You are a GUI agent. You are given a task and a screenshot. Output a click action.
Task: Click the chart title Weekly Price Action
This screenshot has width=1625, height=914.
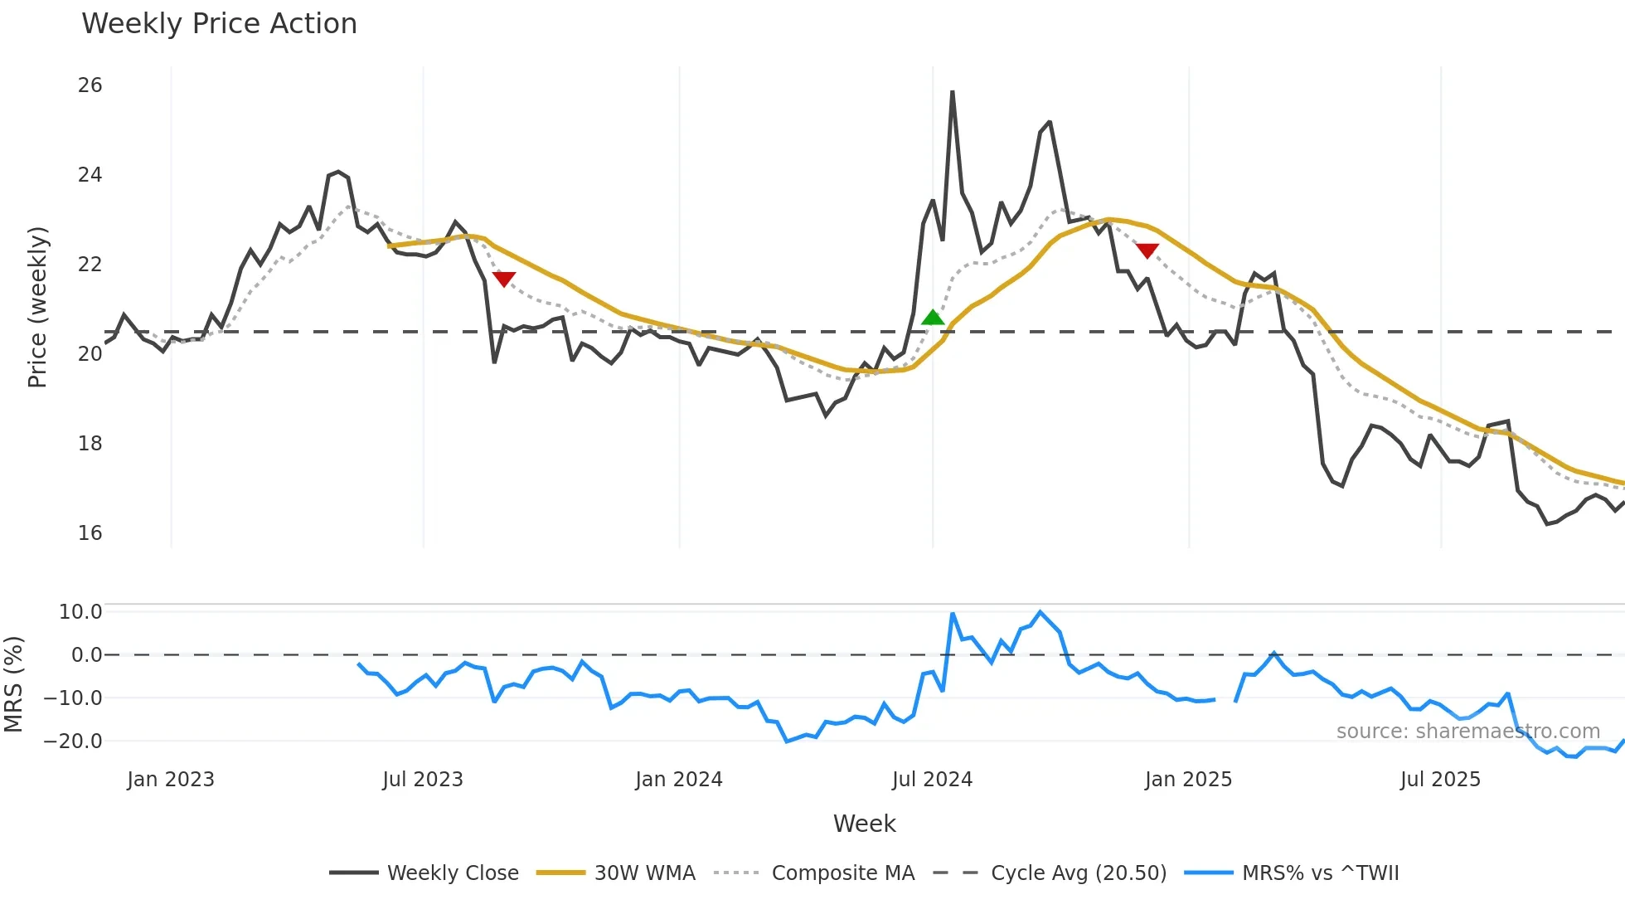click(x=219, y=24)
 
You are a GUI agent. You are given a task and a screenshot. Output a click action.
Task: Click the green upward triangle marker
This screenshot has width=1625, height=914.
click(x=933, y=317)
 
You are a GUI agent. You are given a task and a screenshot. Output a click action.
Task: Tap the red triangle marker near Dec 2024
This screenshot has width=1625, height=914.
click(x=1147, y=250)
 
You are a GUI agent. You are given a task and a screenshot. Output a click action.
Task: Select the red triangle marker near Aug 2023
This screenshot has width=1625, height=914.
click(x=504, y=279)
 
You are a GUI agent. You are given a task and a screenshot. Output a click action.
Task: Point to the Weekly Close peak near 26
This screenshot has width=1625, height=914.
click(x=953, y=92)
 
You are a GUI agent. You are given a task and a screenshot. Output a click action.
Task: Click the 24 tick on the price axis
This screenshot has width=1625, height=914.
click(x=90, y=175)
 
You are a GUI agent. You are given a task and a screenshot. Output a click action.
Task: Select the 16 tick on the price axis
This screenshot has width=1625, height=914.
click(x=90, y=533)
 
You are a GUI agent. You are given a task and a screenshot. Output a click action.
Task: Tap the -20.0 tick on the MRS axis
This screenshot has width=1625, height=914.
click(x=74, y=741)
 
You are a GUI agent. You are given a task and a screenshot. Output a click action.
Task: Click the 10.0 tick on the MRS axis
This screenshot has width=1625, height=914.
click(x=80, y=612)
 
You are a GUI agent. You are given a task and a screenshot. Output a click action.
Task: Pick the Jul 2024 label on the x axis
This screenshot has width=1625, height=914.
click(x=932, y=780)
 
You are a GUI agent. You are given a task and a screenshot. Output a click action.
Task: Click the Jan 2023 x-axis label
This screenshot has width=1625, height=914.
click(x=171, y=780)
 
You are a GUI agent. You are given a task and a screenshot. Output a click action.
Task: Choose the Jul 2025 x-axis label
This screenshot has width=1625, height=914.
click(x=1440, y=780)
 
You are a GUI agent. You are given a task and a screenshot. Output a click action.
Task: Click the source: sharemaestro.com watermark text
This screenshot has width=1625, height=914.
click(x=1467, y=732)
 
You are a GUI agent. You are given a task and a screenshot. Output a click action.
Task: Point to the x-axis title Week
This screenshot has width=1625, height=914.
click(x=864, y=824)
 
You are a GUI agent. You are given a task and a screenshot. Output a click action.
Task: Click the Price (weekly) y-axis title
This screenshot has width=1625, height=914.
click(x=38, y=307)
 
